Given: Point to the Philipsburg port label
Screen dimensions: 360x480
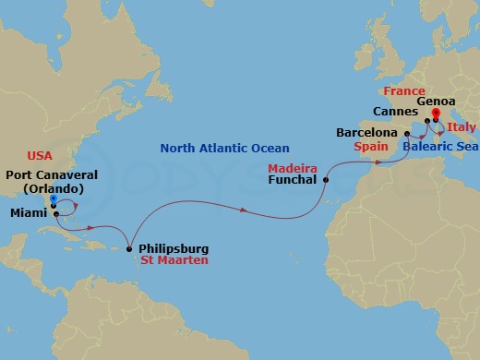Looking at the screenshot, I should click(x=173, y=248).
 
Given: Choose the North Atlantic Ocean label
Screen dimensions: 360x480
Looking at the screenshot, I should click(x=224, y=148).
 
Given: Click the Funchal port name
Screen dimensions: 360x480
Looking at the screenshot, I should click(x=294, y=181).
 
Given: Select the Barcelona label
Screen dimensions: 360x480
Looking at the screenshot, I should click(x=367, y=133).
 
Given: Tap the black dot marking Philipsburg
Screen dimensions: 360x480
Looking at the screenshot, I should click(x=128, y=248).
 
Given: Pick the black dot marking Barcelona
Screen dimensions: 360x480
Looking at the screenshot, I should click(x=407, y=133).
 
